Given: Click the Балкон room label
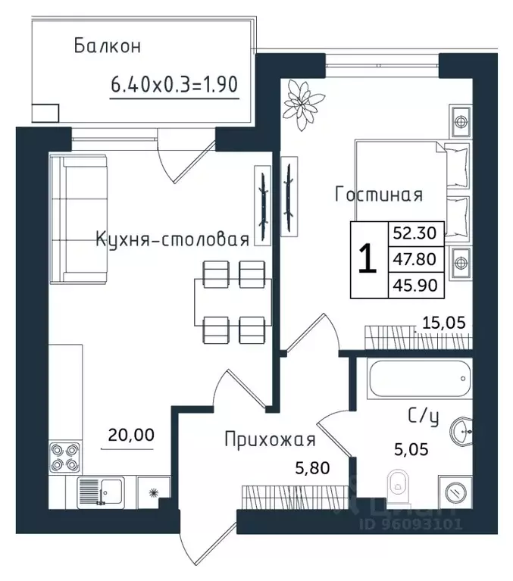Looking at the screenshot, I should pyautogui.click(x=108, y=46).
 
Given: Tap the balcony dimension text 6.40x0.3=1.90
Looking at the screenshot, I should pyautogui.click(x=175, y=84).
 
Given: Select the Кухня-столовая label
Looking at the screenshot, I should pyautogui.click(x=172, y=240).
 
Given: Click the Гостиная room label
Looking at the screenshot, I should pyautogui.click(x=378, y=195).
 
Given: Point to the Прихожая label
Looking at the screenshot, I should pyautogui.click(x=269, y=439).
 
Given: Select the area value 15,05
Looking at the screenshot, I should pyautogui.click(x=443, y=323).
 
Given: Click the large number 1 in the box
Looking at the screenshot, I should pyautogui.click(x=367, y=260).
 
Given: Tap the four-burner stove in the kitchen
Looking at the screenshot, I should pyautogui.click(x=63, y=458).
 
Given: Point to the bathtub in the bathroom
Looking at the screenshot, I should pyautogui.click(x=418, y=377).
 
